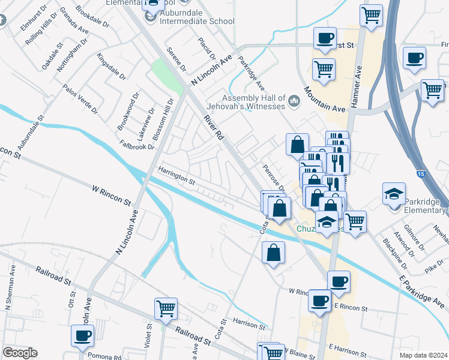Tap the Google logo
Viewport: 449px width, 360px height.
[20, 353]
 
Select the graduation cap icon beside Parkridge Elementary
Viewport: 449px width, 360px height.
[394, 193]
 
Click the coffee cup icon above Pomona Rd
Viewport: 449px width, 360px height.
[82, 335]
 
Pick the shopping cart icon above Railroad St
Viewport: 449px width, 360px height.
[166, 309]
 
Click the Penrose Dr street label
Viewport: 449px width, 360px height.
[268, 176]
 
